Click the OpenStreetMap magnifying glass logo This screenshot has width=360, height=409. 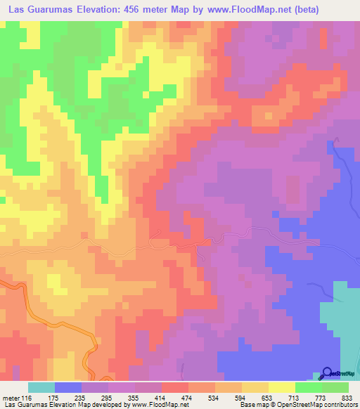click(328, 372)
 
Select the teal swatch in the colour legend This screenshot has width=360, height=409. click(41, 387)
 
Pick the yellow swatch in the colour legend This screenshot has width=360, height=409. click(281, 387)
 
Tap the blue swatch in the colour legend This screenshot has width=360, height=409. click(68, 387)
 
